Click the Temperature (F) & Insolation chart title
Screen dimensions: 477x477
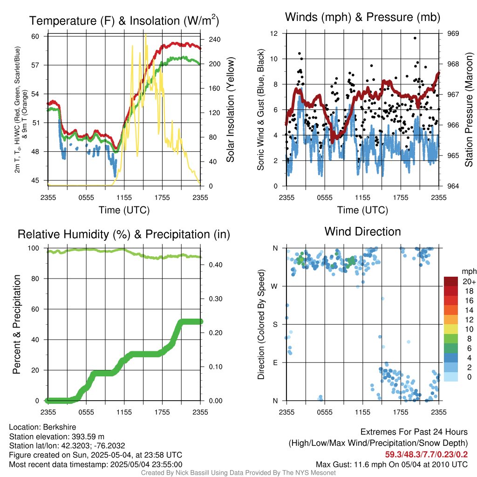pos(124,20)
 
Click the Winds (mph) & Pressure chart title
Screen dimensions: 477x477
pos(362,17)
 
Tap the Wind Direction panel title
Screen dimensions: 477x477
pos(362,231)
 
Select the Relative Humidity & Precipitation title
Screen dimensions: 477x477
pos(123,234)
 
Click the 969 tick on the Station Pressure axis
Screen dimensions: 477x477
pos(453,34)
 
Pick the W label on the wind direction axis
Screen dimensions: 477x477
pos(275,286)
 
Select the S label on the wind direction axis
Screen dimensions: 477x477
pos(276,324)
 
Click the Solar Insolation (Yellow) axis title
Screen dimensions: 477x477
pos(231,110)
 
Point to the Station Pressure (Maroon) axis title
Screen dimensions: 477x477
pos(469,110)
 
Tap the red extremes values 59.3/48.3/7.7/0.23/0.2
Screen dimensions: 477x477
pos(426,454)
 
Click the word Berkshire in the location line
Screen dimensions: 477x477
pos(58,427)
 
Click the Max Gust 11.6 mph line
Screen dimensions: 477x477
pos(392,464)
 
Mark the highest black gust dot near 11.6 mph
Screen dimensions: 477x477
pos(415,38)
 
